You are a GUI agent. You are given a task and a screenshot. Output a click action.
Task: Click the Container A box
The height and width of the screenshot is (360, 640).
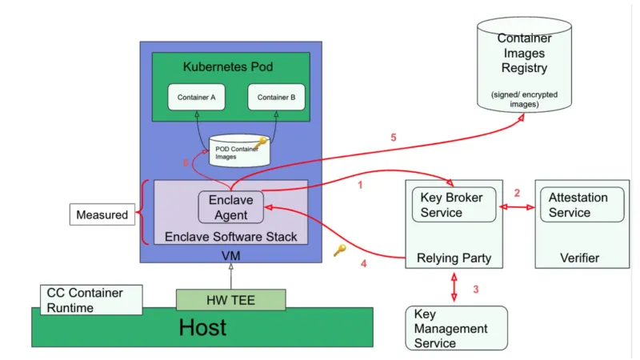click(x=196, y=98)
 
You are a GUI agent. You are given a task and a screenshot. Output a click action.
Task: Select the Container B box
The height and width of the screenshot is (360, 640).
click(x=276, y=98)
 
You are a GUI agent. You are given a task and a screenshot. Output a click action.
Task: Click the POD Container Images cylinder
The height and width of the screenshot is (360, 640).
click(x=238, y=151)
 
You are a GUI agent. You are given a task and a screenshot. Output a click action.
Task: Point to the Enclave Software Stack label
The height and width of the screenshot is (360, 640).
click(x=230, y=236)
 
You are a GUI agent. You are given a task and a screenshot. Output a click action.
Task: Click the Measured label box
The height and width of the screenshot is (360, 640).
click(x=102, y=214)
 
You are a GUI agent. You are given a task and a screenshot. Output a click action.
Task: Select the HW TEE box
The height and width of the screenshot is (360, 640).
click(x=230, y=299)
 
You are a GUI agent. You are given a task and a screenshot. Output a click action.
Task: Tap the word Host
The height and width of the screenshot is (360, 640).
click(x=202, y=327)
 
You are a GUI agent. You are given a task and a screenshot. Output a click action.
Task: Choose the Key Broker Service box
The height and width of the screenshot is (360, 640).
click(x=452, y=205)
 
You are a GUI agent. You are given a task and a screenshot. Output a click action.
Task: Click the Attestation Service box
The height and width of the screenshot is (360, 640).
click(x=582, y=205)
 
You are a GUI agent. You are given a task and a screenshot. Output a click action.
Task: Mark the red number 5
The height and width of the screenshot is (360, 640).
click(x=393, y=138)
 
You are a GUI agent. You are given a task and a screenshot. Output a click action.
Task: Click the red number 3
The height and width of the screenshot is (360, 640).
click(x=475, y=289)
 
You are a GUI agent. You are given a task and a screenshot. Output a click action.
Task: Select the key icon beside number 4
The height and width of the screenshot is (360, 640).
click(x=339, y=250)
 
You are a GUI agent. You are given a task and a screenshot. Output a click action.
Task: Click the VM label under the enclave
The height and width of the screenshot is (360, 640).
click(x=230, y=255)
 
